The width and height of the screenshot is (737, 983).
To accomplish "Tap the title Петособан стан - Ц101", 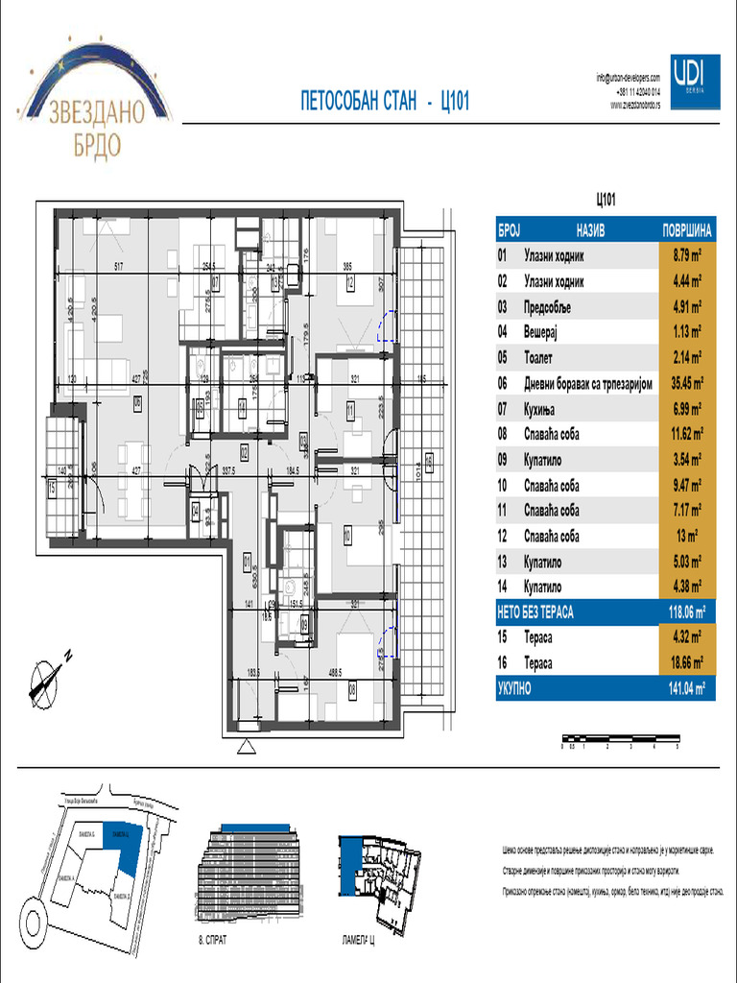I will click(x=385, y=103).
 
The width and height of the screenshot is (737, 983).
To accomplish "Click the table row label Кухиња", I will click(x=543, y=409).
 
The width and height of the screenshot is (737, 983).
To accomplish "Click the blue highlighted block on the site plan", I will click(x=125, y=842).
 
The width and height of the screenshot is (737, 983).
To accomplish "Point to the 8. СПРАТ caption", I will click(x=212, y=941).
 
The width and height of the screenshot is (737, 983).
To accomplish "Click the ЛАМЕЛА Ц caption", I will click(x=357, y=941).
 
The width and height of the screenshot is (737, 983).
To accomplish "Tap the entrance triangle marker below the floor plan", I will click(x=247, y=744).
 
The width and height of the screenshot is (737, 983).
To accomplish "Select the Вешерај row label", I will click(x=541, y=332).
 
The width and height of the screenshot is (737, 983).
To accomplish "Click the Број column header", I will click(x=509, y=231).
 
